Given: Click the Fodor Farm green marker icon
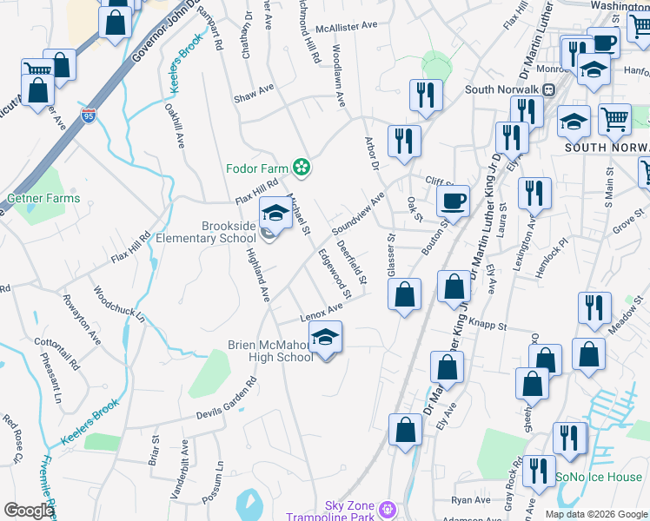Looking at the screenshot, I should tap(302, 166).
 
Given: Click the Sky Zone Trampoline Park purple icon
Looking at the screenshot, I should tap(388, 507).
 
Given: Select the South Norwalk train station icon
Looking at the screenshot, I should tap(549, 89).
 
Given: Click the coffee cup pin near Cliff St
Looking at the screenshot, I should tap(452, 202).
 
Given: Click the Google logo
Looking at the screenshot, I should tap(28, 511).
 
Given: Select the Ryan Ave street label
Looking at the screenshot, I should tap(471, 500).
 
